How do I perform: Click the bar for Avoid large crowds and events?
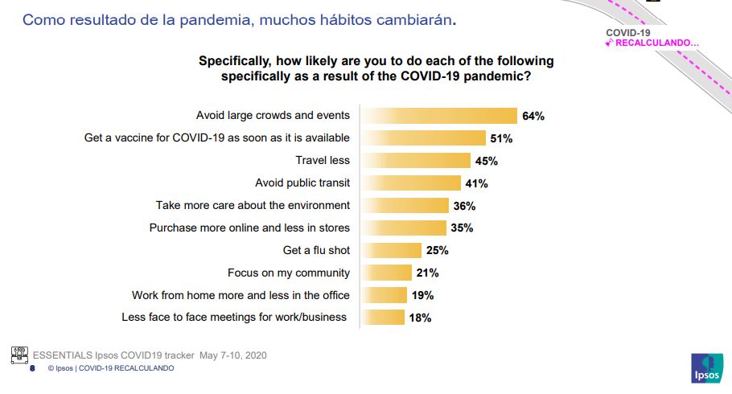coord(438,116)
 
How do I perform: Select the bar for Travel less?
coord(415,161)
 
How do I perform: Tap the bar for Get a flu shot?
coord(391,250)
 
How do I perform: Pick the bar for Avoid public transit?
coord(410,183)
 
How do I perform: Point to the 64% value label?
coord(533,116)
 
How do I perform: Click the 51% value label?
coord(501,138)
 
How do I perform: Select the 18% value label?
coord(420,318)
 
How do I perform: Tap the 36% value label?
coord(464,206)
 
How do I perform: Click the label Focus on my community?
coord(289,273)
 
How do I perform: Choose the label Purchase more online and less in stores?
coord(249,228)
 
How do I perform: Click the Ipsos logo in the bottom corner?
coord(705,367)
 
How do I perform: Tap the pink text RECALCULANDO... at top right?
coord(656,43)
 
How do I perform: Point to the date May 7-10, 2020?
coord(232,355)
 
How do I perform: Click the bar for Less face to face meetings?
coord(382,318)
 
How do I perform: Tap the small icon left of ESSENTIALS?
coord(19,355)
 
